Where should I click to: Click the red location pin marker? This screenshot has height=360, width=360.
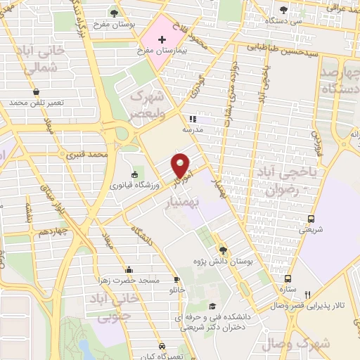[181, 165]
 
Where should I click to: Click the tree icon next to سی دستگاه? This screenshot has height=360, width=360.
[283, 10]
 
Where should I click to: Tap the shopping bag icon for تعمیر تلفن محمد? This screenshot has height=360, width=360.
[36, 92]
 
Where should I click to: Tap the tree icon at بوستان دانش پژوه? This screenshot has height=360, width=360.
[223, 250]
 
